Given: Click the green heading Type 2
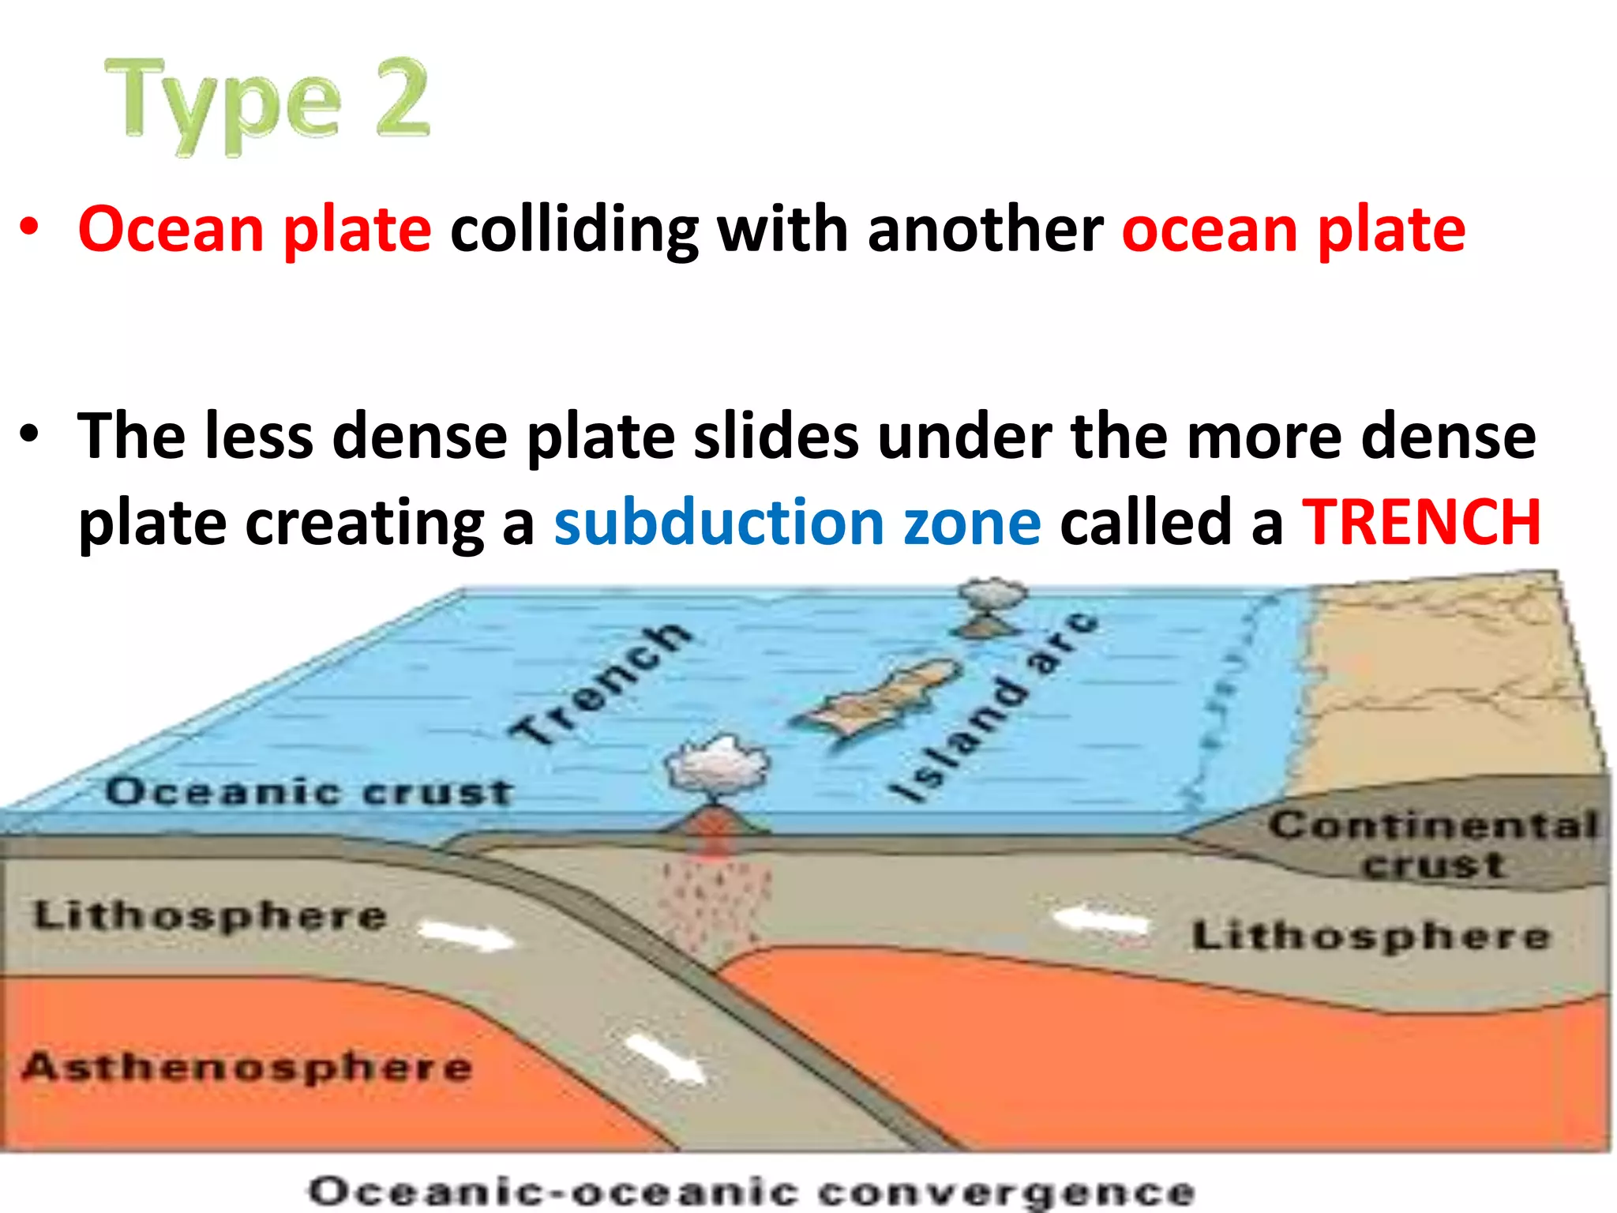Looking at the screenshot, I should tap(267, 103).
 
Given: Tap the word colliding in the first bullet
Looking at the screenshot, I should tap(574, 230).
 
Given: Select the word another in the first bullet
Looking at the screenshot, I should tap(985, 230).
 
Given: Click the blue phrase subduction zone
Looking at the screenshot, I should tap(797, 523).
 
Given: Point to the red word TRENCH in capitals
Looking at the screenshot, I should tap(1421, 523).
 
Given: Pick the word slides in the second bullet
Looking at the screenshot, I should tap(776, 436).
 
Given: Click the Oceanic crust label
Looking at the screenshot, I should tap(310, 791).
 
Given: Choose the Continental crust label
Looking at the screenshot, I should tap(1433, 844).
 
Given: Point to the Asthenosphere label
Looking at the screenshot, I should tap(247, 1067).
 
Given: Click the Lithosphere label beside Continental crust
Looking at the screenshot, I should tap(1371, 937).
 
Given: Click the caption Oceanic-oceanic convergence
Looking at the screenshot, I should tap(752, 1191).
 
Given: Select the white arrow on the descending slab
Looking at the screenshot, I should tap(666, 1058).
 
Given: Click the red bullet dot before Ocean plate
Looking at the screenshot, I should tap(29, 228).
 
